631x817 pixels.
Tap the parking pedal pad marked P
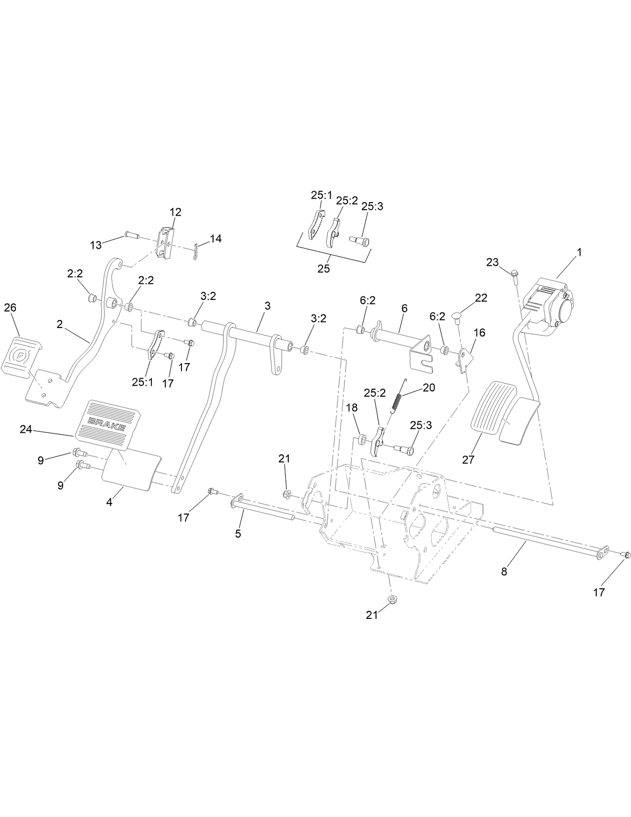point(21,357)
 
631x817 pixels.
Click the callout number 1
point(579,252)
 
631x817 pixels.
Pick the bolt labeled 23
point(514,274)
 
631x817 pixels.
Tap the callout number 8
point(504,571)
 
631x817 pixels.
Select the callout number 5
point(238,534)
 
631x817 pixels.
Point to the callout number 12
point(175,212)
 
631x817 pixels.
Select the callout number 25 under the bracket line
point(324,268)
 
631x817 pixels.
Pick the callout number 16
point(479,333)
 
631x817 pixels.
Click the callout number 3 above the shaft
point(267,305)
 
